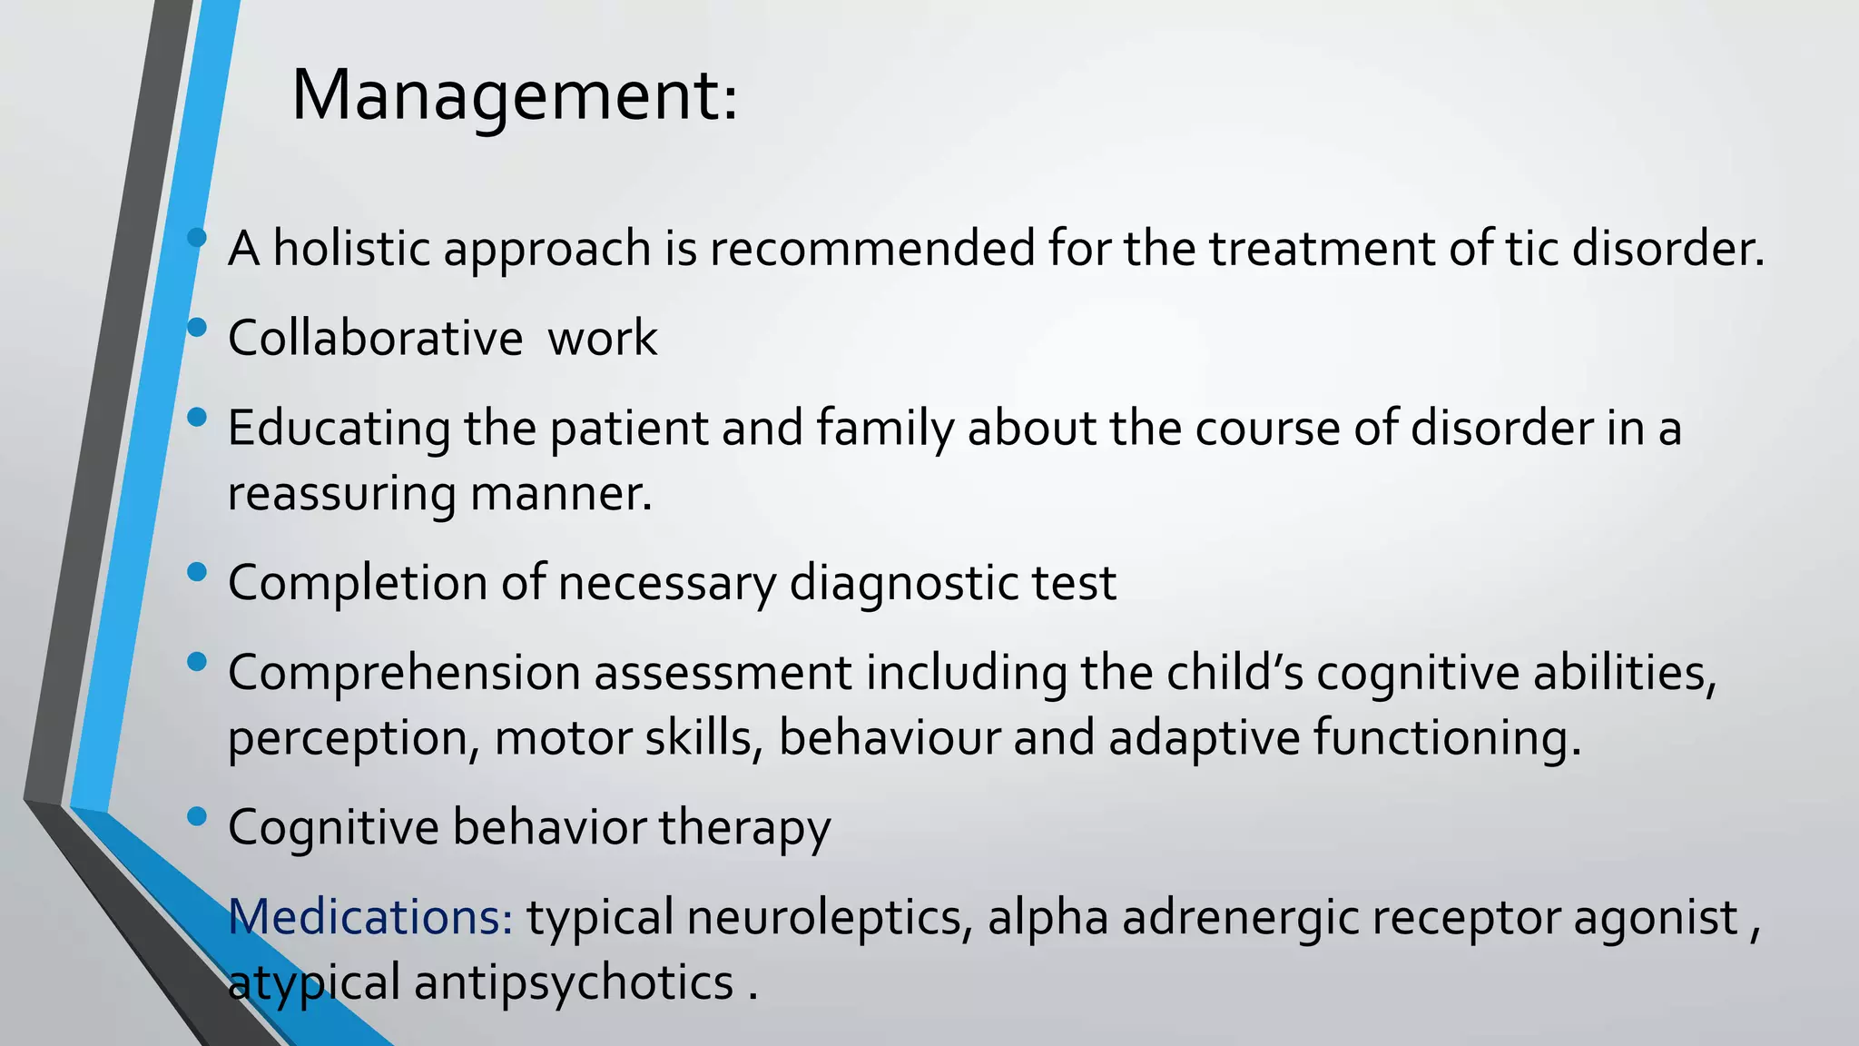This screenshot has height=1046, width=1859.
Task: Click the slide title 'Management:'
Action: tap(514, 96)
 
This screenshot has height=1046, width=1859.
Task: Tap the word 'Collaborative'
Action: tap(375, 338)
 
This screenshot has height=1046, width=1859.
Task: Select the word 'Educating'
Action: tap(339, 428)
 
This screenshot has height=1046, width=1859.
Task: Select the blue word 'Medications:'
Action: tap(370, 916)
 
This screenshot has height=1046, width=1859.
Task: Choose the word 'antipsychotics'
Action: tap(574, 982)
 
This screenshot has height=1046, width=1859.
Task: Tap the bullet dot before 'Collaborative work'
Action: tap(196, 327)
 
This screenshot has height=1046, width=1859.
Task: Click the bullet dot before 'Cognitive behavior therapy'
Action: tap(196, 816)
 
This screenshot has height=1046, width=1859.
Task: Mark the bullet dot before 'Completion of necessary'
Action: tap(196, 572)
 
